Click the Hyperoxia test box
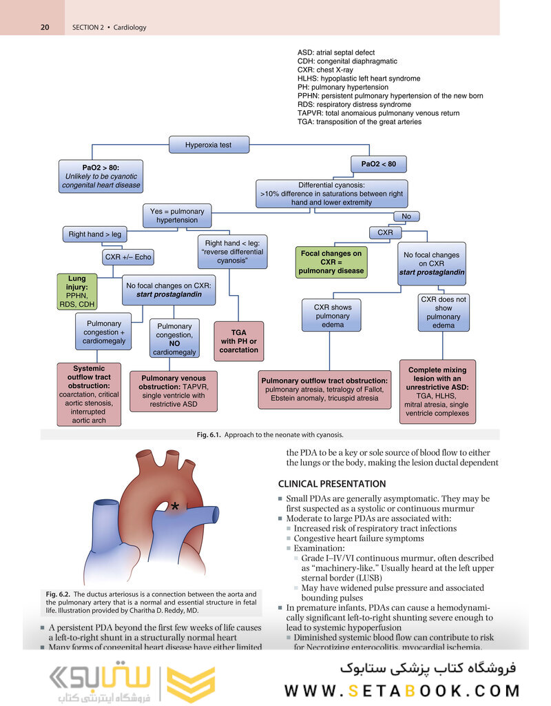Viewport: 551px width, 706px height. (x=208, y=145)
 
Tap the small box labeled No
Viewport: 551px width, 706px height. (x=406, y=216)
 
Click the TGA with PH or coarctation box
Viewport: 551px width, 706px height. (x=239, y=341)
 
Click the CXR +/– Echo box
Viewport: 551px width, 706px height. (x=127, y=257)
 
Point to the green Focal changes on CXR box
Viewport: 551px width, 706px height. (x=331, y=263)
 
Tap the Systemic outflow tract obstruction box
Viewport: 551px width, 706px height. (x=89, y=394)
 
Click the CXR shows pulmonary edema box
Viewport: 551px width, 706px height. (x=333, y=316)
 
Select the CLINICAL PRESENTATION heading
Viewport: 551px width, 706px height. (x=331, y=483)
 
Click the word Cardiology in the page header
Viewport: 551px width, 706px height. (x=129, y=28)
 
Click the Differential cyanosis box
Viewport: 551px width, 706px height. (x=331, y=194)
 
